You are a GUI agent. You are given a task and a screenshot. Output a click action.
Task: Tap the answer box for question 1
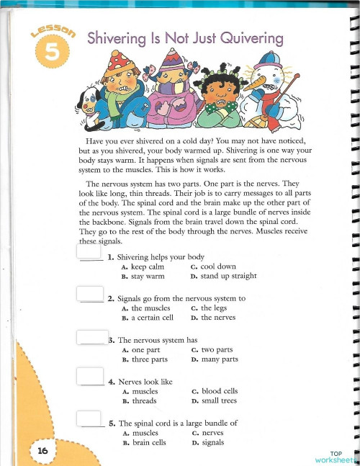(89, 253)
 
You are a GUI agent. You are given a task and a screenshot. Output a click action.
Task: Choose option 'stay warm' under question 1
(148, 276)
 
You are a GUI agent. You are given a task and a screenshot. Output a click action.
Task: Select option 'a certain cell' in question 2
(153, 318)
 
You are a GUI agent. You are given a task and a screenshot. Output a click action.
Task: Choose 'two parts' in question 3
(219, 349)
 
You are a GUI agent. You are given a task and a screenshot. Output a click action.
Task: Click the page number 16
(42, 450)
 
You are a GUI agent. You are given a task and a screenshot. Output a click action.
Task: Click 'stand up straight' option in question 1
(228, 276)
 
